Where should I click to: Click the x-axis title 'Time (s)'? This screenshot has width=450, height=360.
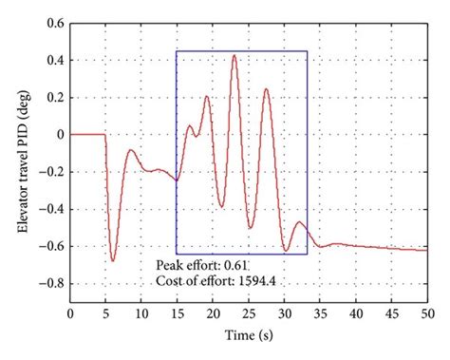(x=249, y=335)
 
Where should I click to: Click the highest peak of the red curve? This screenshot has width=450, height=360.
(x=234, y=55)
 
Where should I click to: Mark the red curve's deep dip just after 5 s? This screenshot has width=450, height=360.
(x=113, y=260)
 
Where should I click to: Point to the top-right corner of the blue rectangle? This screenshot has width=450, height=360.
(x=308, y=51)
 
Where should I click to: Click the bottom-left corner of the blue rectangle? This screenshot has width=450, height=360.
(x=177, y=254)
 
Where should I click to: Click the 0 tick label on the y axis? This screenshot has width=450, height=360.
(x=59, y=134)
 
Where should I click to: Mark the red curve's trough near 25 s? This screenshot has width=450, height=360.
(x=250, y=228)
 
